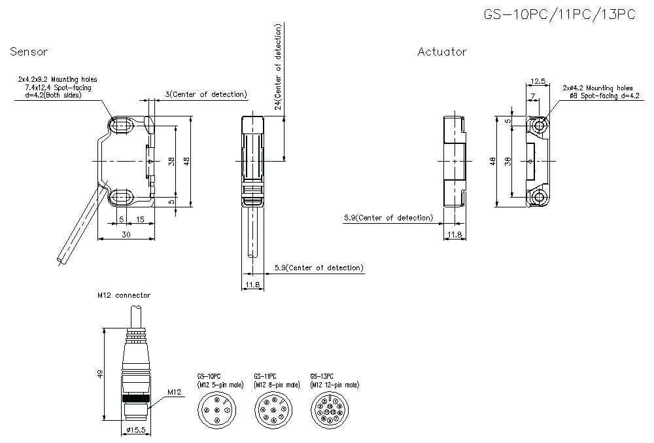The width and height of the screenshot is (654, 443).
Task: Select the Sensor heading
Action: [x=29, y=52]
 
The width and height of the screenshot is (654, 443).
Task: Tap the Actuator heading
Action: [x=442, y=52]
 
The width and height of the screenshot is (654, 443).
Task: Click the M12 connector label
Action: [x=124, y=295]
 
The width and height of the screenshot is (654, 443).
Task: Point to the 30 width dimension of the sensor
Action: [x=126, y=234]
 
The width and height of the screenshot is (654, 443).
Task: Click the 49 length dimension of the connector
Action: [x=100, y=374]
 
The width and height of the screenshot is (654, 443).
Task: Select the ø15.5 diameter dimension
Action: [x=134, y=430]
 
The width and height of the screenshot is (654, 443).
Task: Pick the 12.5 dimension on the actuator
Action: [x=538, y=81]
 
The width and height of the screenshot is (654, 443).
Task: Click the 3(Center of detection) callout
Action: [x=206, y=94]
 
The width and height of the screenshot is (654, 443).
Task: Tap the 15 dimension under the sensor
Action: [x=140, y=219]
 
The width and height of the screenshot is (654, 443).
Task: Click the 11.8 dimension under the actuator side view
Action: [x=454, y=234]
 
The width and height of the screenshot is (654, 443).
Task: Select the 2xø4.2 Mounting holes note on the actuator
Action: [x=597, y=87]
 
